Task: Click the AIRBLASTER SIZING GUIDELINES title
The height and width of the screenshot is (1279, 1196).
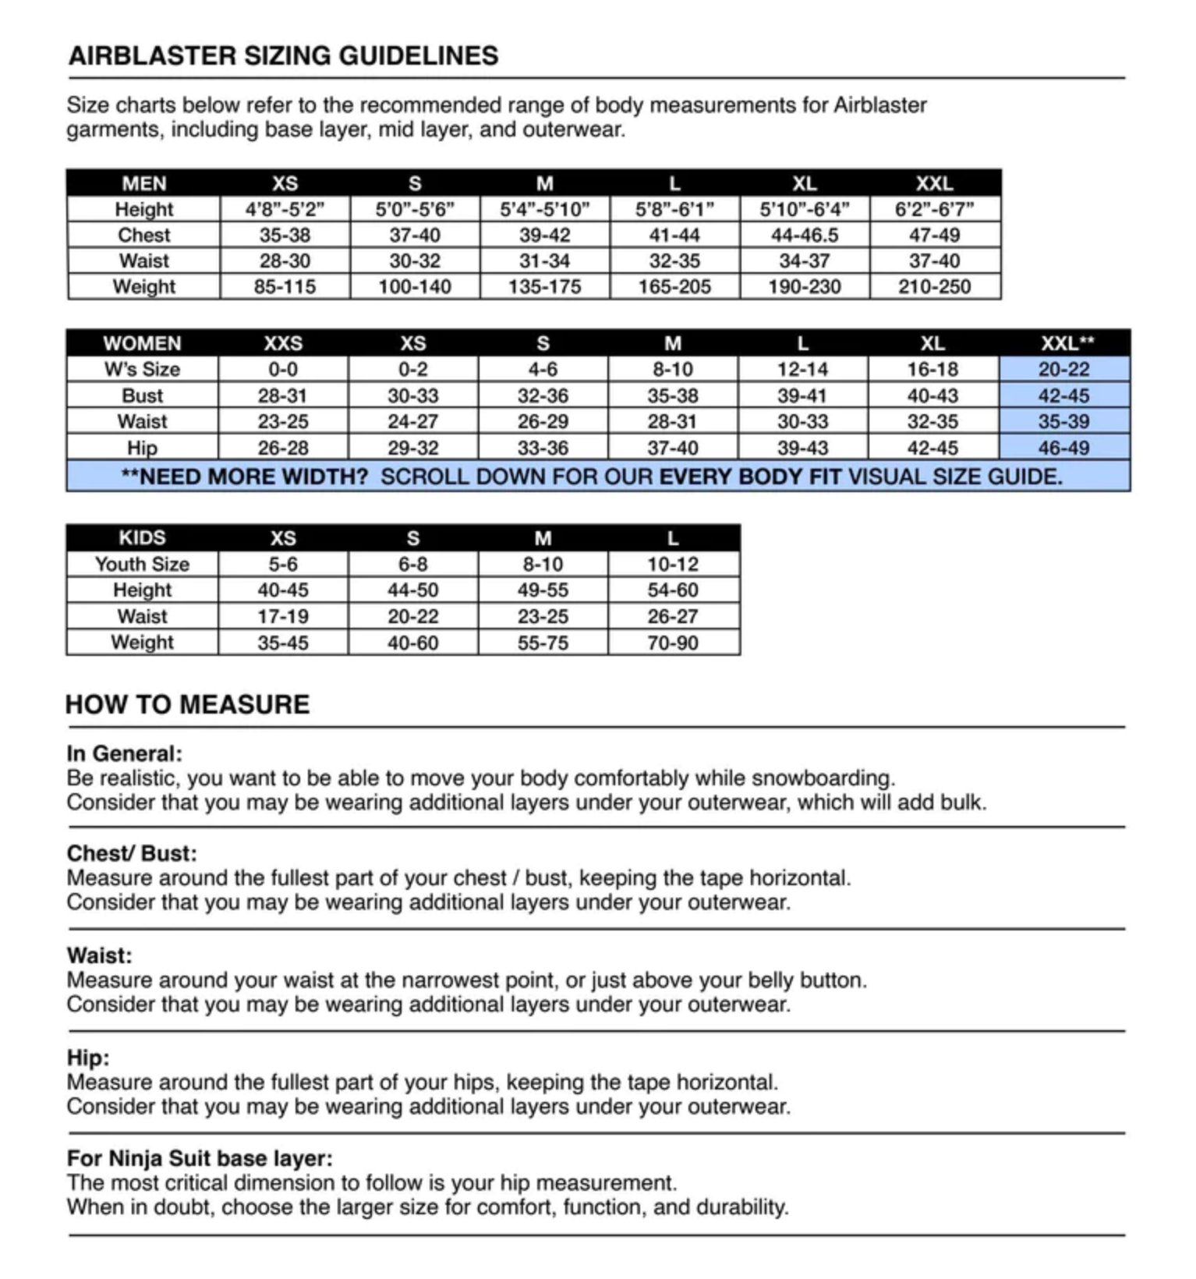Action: [283, 56]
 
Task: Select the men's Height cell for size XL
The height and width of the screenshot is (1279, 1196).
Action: [804, 209]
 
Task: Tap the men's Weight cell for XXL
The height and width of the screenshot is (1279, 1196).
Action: [934, 287]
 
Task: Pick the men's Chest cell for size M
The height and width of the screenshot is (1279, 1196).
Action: [544, 235]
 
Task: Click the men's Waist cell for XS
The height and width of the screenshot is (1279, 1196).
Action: [285, 260]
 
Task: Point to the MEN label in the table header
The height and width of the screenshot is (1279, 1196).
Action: [143, 183]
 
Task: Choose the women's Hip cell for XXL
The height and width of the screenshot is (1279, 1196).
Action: [1063, 448]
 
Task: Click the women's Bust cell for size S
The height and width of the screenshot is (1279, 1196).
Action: [543, 395]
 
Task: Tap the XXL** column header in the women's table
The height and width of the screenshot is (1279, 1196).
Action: [1067, 343]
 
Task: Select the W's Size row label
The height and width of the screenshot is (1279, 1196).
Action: [142, 369]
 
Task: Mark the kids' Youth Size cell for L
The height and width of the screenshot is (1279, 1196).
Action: [672, 564]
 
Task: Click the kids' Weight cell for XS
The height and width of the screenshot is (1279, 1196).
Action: [283, 643]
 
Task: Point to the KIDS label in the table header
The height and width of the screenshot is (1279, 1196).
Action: [142, 537]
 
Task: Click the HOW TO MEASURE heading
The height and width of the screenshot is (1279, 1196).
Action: [187, 704]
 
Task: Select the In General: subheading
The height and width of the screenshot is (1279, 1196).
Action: [124, 753]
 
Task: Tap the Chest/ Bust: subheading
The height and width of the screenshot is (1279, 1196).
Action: [132, 853]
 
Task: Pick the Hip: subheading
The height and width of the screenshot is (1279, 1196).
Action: [88, 1058]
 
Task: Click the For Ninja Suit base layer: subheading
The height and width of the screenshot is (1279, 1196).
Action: [200, 1158]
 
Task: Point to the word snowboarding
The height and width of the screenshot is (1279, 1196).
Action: [823, 778]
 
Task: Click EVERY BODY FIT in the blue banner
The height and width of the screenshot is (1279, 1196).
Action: [750, 477]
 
